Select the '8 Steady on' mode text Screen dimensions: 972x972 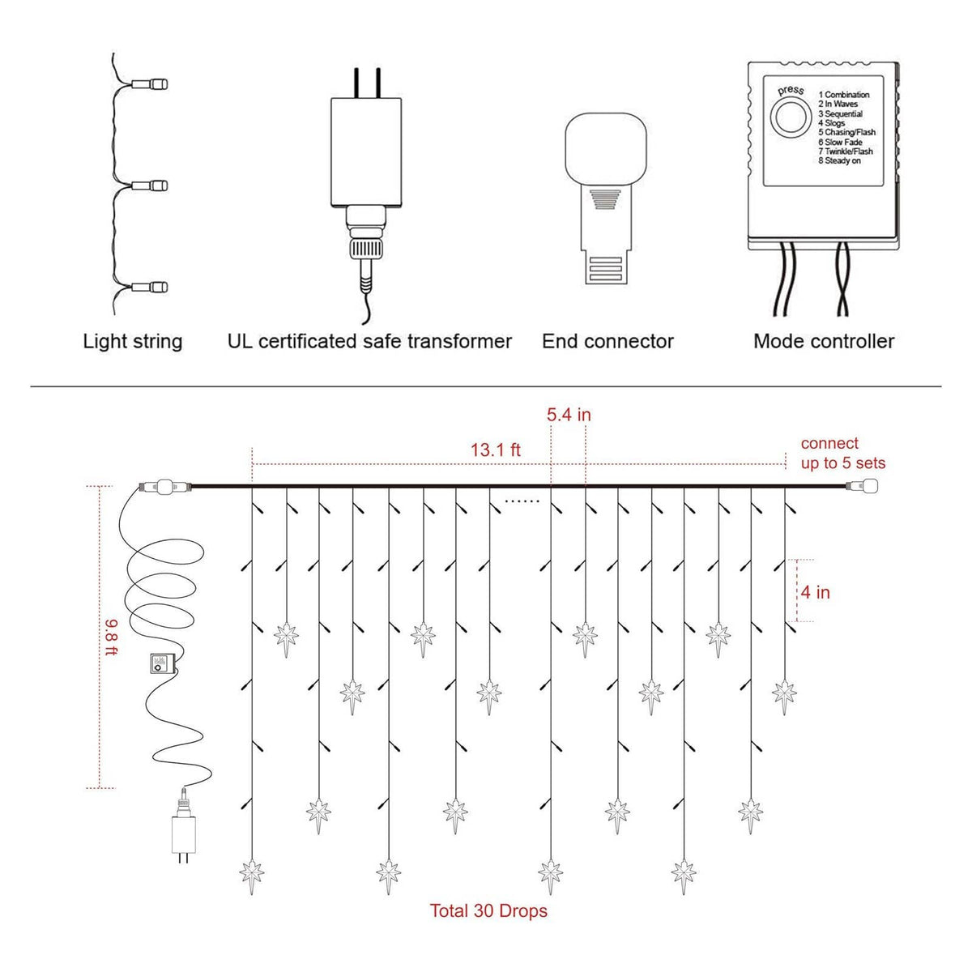coord(839,161)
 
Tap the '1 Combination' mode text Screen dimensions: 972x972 coord(844,94)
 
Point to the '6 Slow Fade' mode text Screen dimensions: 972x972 coord(840,142)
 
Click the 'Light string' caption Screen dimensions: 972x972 coord(133,342)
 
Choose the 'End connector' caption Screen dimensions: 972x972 coord(607,342)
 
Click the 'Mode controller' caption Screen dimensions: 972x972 coord(824,342)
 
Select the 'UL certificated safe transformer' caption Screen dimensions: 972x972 coord(369,342)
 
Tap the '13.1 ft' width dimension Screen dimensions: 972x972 coord(496,450)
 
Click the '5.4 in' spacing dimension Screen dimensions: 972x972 coord(569,415)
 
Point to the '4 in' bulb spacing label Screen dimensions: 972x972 coord(815,592)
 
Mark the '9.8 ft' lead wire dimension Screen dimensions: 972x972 coord(111,637)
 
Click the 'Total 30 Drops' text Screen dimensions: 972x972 coord(488,911)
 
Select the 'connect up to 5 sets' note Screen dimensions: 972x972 coord(843,453)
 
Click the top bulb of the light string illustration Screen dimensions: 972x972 coord(149,83)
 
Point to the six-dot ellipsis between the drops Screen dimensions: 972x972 coord(522,501)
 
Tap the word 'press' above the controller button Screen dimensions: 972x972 coord(791,90)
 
